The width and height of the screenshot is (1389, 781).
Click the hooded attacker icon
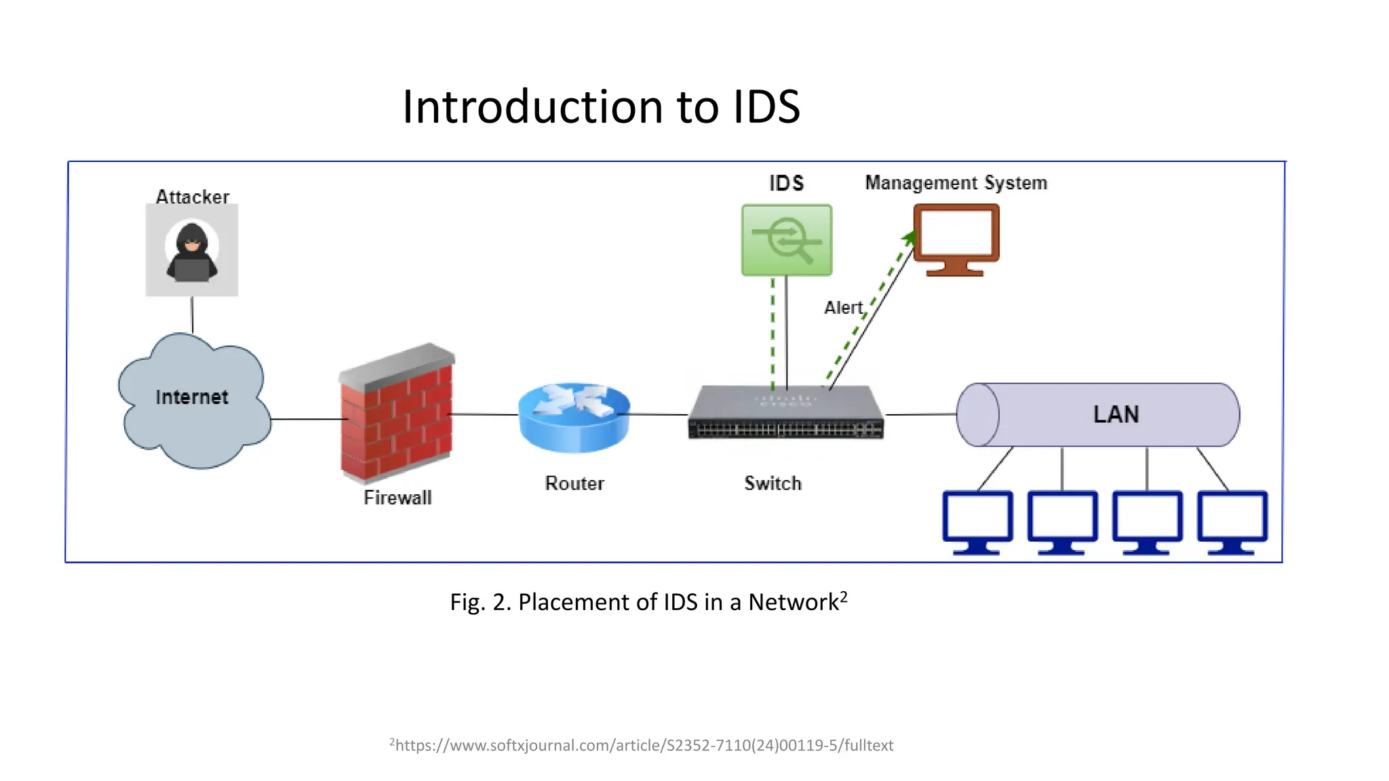(192, 251)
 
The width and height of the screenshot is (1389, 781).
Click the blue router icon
(574, 418)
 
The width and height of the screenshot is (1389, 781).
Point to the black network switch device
(786, 414)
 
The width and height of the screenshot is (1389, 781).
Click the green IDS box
(787, 241)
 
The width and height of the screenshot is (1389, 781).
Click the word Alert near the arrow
(843, 308)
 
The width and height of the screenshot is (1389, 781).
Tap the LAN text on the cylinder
(1116, 414)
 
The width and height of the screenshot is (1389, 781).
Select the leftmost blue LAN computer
(977, 521)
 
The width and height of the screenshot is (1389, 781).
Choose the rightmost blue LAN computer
(1232, 521)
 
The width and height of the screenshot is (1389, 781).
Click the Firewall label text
(397, 498)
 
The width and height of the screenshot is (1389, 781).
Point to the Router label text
(574, 483)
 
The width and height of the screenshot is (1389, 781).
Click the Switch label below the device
(772, 483)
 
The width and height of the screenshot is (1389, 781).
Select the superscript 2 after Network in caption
(844, 597)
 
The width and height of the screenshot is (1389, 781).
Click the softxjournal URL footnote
(642, 745)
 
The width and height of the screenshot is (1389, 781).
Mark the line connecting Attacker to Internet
(192, 315)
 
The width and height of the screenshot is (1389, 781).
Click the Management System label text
(956, 183)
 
